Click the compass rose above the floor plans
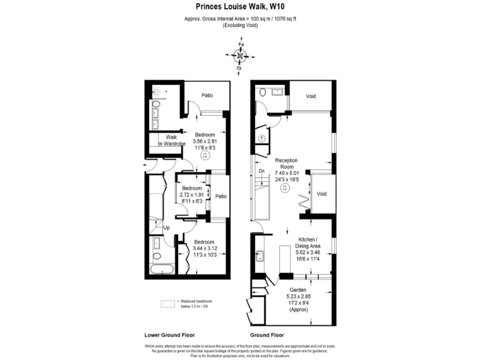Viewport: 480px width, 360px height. (239, 56)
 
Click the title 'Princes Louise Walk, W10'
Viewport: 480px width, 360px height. (239, 7)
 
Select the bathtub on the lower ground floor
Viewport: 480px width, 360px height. (160, 269)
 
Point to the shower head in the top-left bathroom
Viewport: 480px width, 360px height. (162, 91)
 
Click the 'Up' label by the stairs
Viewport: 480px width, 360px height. (166, 227)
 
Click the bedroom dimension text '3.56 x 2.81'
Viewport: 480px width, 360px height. (204, 142)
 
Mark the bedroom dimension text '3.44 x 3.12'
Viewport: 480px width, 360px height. (204, 249)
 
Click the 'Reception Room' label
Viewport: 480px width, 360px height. (286, 164)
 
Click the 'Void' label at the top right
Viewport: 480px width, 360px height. (311, 96)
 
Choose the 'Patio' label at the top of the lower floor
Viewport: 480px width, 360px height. (207, 96)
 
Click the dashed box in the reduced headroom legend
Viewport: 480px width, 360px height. (167, 303)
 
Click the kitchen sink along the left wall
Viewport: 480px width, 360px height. (257, 256)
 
